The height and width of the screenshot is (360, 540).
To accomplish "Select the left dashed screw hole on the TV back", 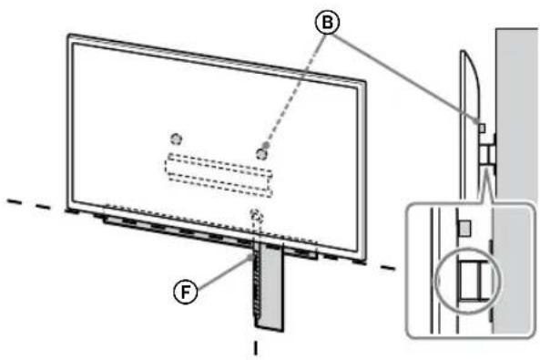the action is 177,138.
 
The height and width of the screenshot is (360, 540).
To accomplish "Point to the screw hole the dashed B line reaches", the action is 262,153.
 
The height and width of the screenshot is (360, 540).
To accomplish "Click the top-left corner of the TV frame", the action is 69,37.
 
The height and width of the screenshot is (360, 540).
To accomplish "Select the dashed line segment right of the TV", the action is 388,266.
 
